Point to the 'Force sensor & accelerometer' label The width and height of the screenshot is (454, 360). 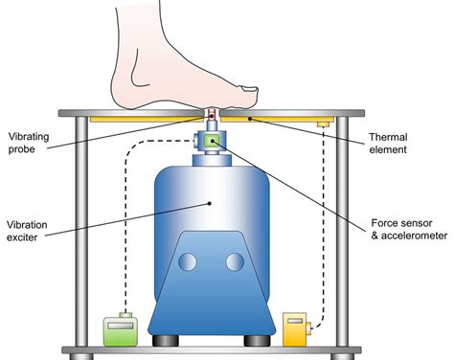click(x=405, y=231)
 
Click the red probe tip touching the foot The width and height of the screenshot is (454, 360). click(x=213, y=114)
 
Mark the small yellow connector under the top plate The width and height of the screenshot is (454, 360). click(x=325, y=124)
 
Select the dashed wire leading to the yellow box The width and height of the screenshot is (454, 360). click(x=325, y=230)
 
